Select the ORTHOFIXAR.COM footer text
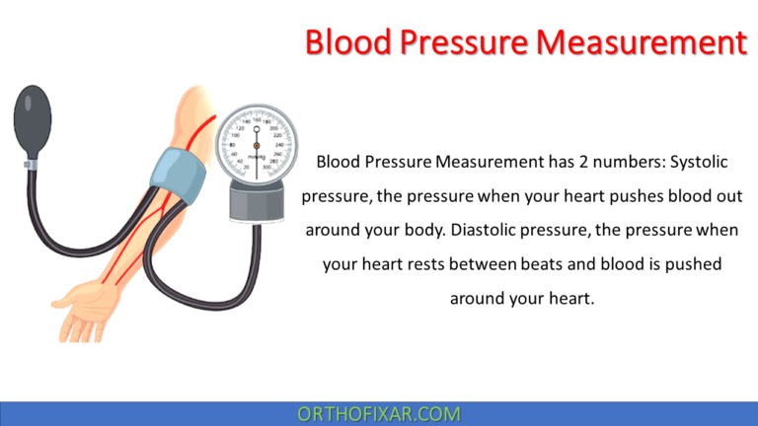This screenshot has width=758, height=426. (379, 414)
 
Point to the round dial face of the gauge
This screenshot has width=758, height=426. (256, 143)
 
